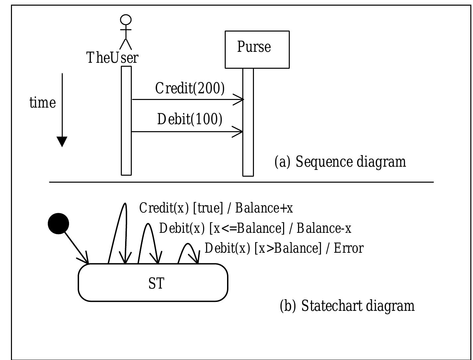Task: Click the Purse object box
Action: [x=257, y=49]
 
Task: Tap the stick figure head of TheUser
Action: [x=126, y=20]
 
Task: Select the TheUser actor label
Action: [x=112, y=58]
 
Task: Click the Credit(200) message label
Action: [x=190, y=88]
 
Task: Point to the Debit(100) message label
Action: [x=190, y=119]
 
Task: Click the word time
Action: [x=42, y=103]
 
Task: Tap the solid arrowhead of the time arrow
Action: [x=62, y=141]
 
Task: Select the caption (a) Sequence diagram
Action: [x=340, y=162]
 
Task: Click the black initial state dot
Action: [x=58, y=224]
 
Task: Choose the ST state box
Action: [x=153, y=283]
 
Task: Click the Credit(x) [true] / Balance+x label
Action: [x=216, y=208]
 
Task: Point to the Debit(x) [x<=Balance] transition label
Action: [x=255, y=228]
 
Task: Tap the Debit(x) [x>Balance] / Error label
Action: [x=284, y=248]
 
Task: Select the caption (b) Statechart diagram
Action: [x=347, y=306]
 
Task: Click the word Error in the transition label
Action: [x=349, y=248]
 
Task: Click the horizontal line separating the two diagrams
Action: [x=241, y=182]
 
